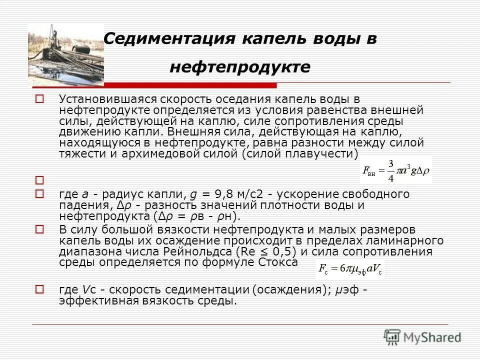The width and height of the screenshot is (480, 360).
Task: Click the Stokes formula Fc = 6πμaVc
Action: click(x=350, y=270)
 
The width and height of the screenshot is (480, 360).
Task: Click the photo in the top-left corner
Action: click(x=65, y=50)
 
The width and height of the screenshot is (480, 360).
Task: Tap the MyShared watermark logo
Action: click(x=422, y=336)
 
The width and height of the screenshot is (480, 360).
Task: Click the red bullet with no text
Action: click(x=39, y=179)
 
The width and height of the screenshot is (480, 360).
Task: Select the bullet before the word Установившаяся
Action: click(x=39, y=99)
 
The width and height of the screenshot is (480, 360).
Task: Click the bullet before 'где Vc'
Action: click(x=39, y=289)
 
